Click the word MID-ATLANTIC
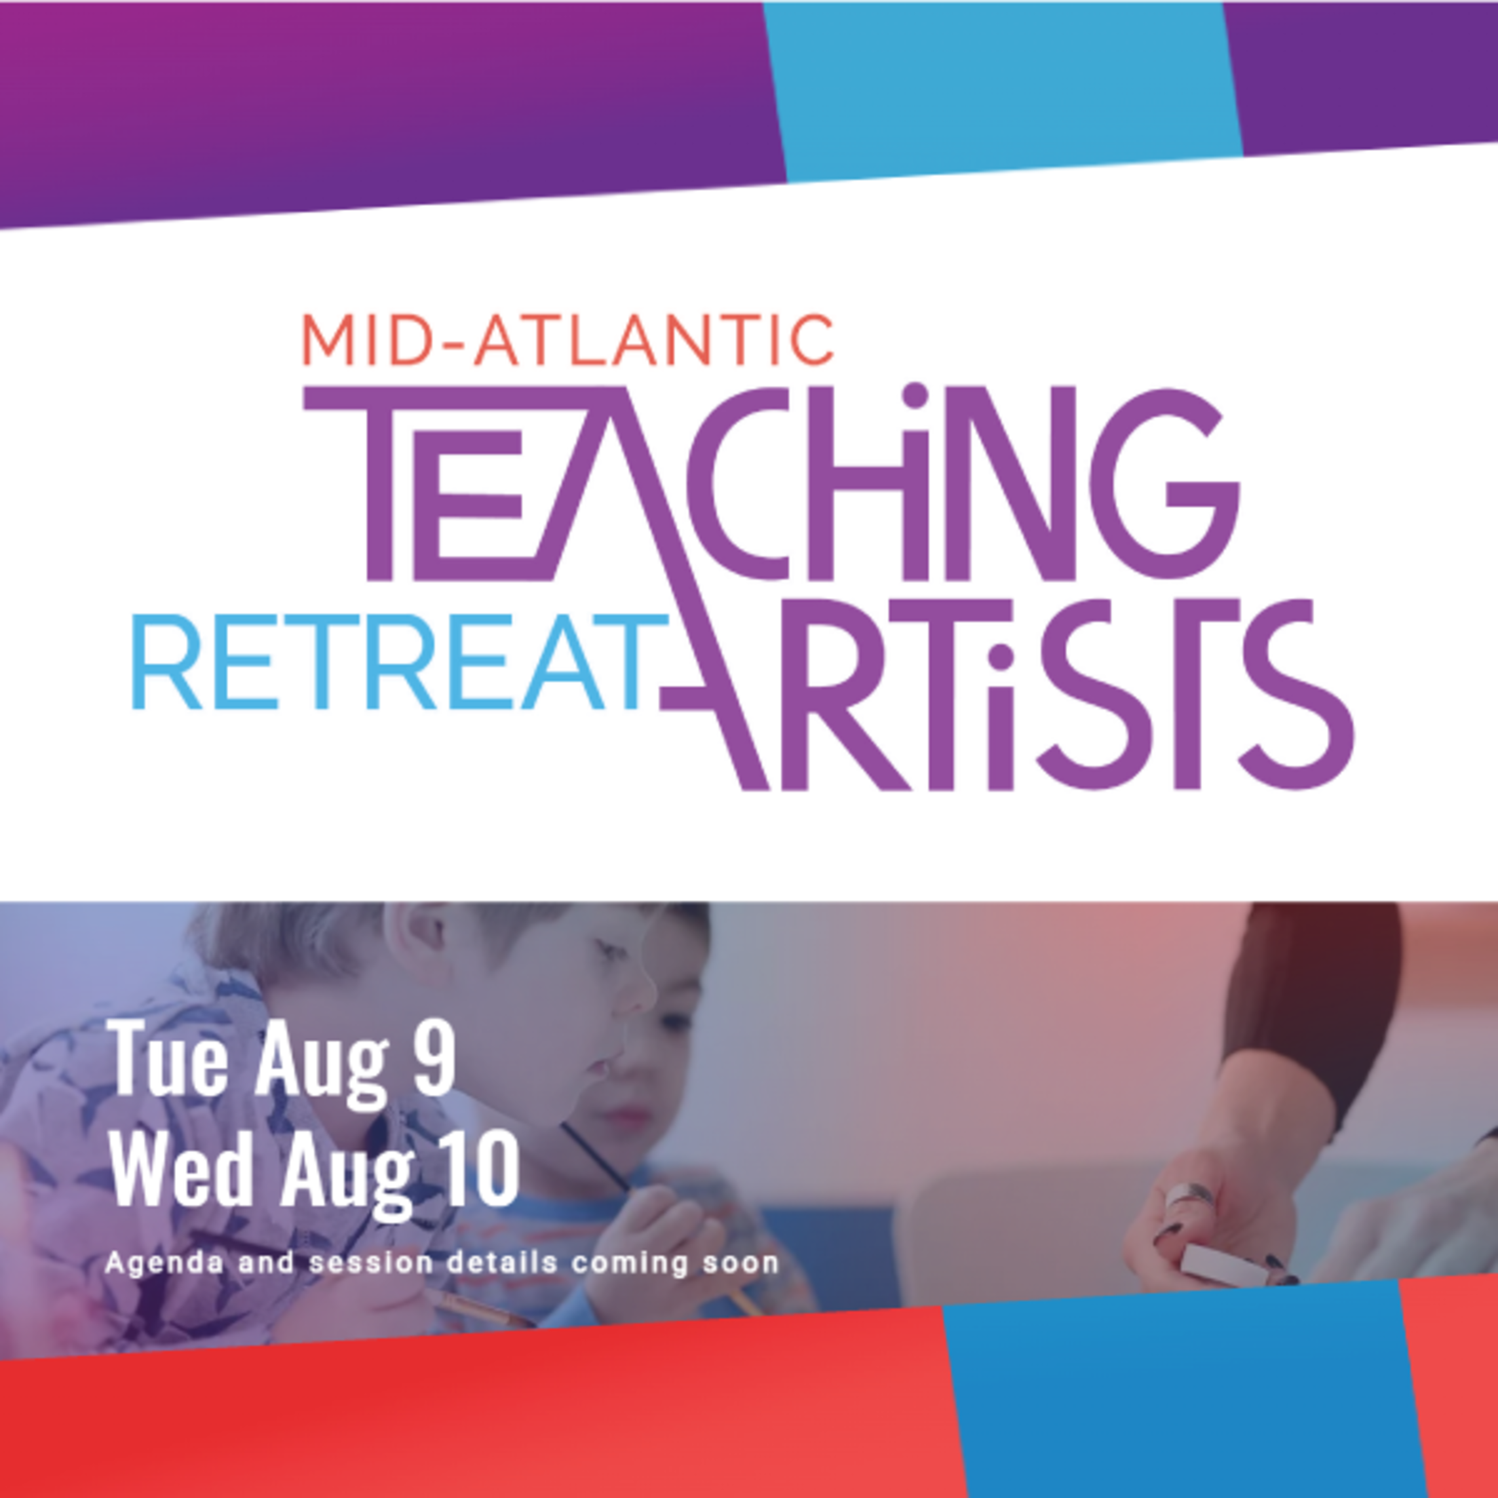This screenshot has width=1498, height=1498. coord(567,339)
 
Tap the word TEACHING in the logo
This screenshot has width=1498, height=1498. coord(771,482)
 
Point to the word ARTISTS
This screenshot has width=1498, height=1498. coord(1008,694)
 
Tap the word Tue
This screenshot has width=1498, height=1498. coord(169,1058)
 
